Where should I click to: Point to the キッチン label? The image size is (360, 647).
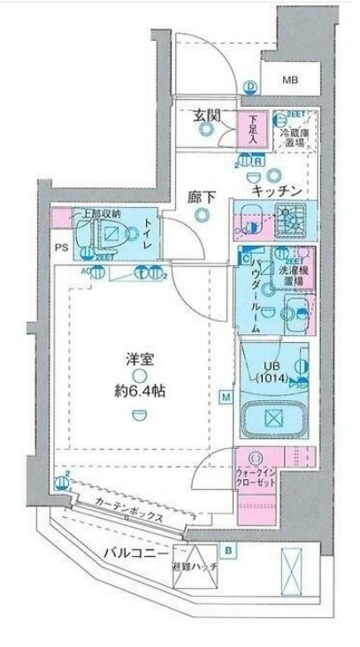277,191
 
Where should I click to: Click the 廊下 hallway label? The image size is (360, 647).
203,198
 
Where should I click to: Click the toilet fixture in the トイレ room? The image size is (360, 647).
110,234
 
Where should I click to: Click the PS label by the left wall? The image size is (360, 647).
60,248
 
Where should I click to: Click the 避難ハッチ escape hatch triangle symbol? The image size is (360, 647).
187,583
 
